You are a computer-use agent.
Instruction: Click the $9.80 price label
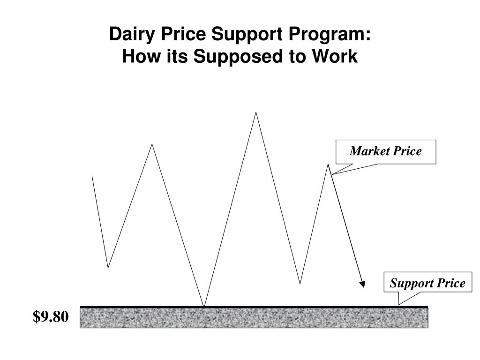[51, 316]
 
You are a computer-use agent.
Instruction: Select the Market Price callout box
[386, 152]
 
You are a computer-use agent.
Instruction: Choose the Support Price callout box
[427, 282]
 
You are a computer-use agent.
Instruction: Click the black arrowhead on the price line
[362, 284]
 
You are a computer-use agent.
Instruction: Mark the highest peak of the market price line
[256, 112]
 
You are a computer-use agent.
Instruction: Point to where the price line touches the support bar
[204, 306]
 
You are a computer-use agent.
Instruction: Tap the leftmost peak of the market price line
[152, 144]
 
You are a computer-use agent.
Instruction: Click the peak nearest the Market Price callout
[328, 165]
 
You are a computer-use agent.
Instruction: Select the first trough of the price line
[108, 268]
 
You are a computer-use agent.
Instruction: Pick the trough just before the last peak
[300, 284]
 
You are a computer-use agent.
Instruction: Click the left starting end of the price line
[92, 176]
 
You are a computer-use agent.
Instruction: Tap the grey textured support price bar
[254, 317]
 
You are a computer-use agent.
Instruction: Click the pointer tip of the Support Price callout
[398, 305]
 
